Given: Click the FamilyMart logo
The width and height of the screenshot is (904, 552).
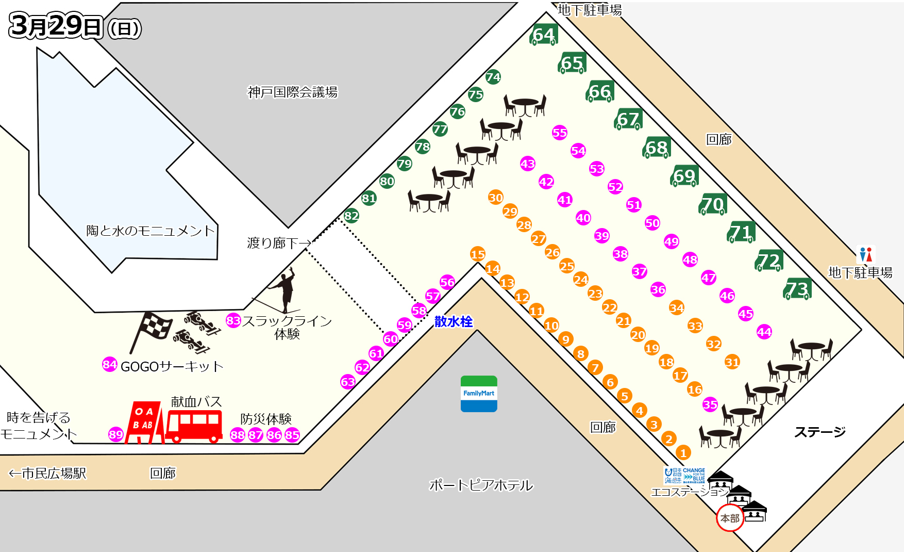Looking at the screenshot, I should [x=479, y=394].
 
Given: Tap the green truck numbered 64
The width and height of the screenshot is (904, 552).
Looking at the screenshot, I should [x=544, y=35].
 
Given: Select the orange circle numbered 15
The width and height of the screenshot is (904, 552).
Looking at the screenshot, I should [x=478, y=254].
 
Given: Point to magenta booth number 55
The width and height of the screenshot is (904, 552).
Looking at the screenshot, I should [x=560, y=133].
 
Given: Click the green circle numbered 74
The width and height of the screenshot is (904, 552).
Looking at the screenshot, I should [x=493, y=77].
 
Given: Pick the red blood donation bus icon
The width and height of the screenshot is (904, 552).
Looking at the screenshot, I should [x=194, y=426].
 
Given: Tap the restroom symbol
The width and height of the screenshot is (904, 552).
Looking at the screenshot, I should [x=866, y=254].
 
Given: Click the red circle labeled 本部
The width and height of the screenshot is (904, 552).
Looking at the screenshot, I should [x=730, y=518].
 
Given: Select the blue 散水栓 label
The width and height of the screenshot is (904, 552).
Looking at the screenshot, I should [x=454, y=321].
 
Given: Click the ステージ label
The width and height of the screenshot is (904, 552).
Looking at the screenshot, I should [x=819, y=432].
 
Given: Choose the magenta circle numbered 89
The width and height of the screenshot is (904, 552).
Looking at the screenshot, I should [x=116, y=434].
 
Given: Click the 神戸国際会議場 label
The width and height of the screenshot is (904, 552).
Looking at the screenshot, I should [x=292, y=92].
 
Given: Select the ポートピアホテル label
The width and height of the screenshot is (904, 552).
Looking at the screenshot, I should [x=481, y=485].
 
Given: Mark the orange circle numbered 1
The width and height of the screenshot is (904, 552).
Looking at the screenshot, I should [x=683, y=453].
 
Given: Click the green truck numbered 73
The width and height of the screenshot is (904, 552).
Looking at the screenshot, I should [x=797, y=289].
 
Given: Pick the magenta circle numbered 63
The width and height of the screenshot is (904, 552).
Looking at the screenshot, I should [x=348, y=382].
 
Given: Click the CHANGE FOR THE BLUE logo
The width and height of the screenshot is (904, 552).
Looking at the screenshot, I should [x=694, y=475].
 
